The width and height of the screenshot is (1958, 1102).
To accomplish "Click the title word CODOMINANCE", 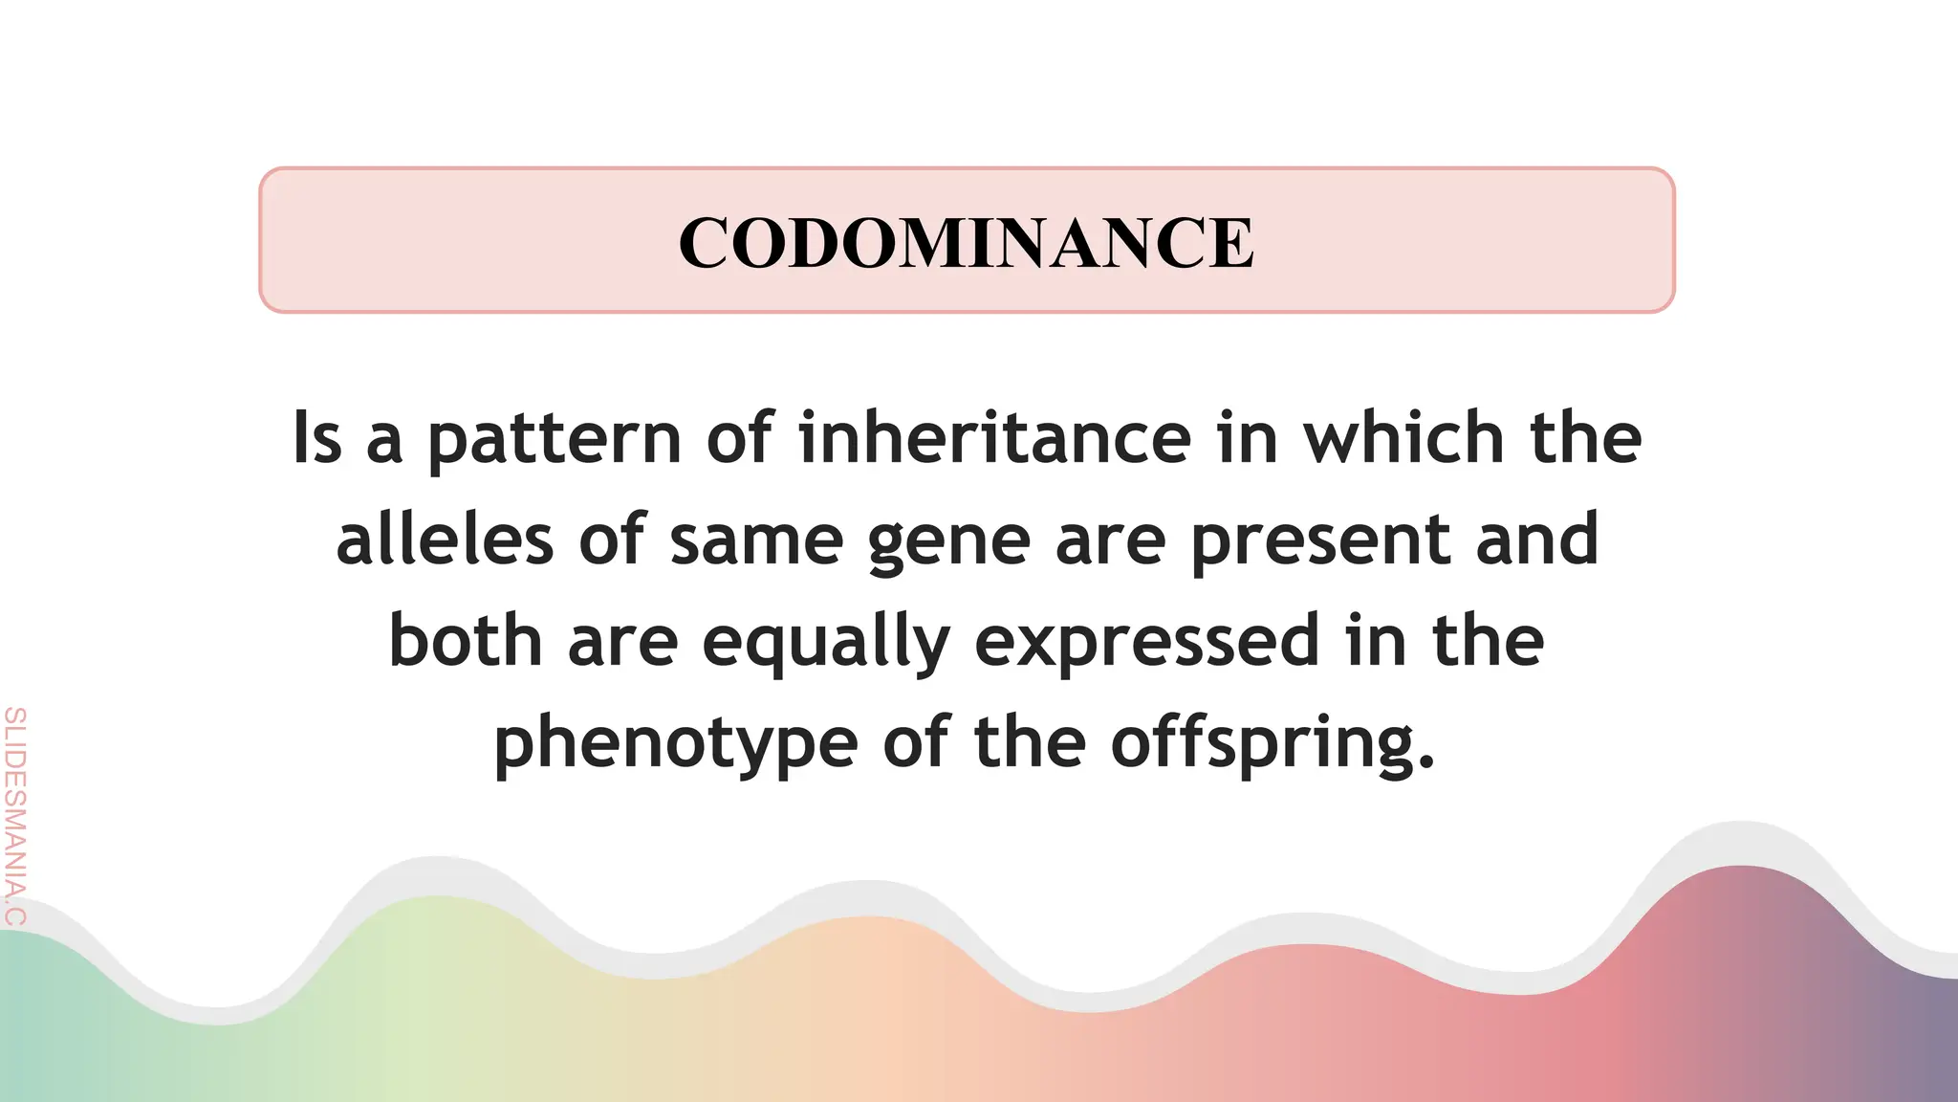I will [966, 242].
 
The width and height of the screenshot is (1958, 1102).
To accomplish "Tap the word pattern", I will [554, 439].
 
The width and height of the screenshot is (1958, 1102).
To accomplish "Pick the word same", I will [756, 540].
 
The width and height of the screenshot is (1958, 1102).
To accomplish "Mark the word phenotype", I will [675, 745].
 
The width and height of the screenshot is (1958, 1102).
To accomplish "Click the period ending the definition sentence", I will [1427, 762].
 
